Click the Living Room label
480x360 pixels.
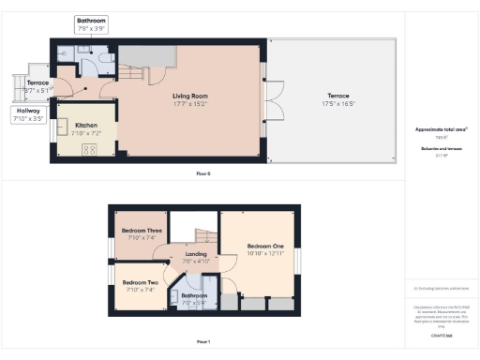[189, 96]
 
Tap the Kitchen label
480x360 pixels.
[86, 125]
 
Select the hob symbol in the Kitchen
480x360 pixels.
[91, 149]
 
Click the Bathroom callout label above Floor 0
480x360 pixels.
[92, 20]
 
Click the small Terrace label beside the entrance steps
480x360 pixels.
[37, 83]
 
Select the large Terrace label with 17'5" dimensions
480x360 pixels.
[338, 96]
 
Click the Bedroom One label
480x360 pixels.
[265, 246]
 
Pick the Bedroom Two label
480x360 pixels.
[141, 282]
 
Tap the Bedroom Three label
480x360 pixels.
[142, 231]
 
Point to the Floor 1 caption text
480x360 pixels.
[203, 341]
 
